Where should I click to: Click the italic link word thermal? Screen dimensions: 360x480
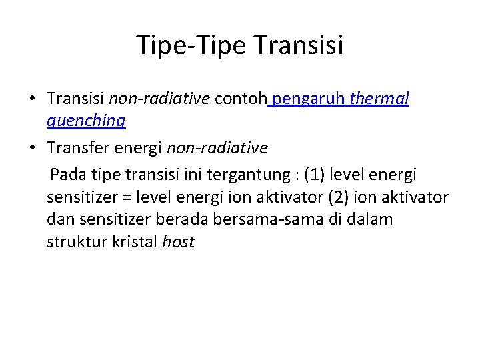click(379, 99)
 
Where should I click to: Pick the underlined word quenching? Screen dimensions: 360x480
click(87, 121)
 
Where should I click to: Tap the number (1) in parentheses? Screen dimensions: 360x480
click(316, 175)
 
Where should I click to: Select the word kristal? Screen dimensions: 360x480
click(133, 241)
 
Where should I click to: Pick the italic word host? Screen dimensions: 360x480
click(178, 241)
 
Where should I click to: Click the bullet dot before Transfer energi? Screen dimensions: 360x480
click(31, 147)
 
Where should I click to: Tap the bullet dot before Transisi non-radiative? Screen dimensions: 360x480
click(31, 99)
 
